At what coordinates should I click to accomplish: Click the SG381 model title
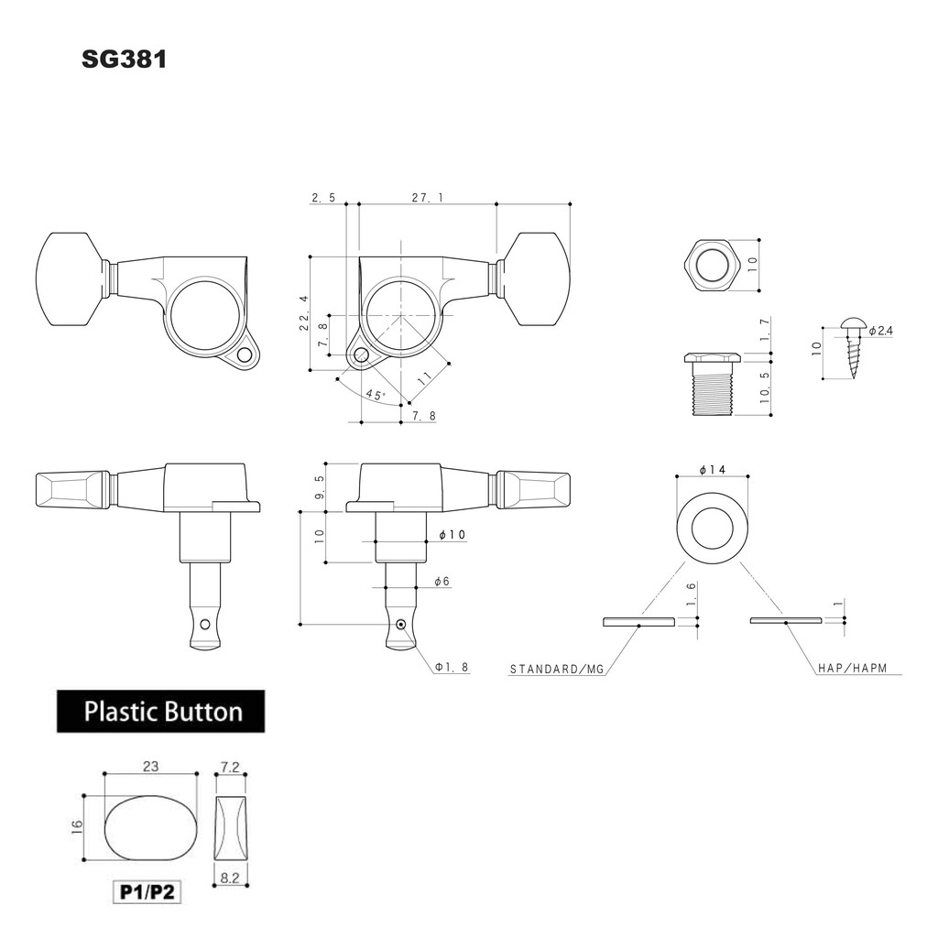pyautogui.click(x=125, y=60)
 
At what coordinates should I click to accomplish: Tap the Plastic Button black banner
pyautogui.click(x=161, y=711)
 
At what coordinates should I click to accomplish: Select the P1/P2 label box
pyautogui.click(x=147, y=892)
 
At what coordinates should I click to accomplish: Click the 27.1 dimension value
pyautogui.click(x=427, y=198)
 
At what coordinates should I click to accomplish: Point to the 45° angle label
pyautogui.click(x=376, y=395)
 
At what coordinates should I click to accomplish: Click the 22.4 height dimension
pyautogui.click(x=304, y=313)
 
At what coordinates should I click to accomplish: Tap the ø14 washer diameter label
pyautogui.click(x=713, y=470)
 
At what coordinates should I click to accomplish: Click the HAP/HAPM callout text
pyautogui.click(x=853, y=668)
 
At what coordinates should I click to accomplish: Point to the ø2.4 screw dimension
pyautogui.click(x=881, y=330)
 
